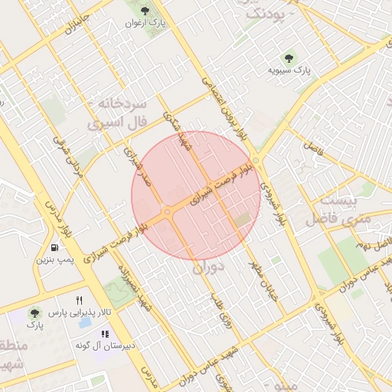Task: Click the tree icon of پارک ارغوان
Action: pyautogui.click(x=145, y=11)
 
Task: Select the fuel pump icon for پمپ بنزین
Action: pyautogui.click(x=54, y=247)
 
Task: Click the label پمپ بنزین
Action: pyautogui.click(x=54, y=260)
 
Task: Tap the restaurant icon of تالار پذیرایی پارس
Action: pyautogui.click(x=79, y=300)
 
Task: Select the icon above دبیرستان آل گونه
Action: pyautogui.click(x=105, y=334)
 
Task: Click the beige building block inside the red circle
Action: pyautogui.click(x=243, y=220)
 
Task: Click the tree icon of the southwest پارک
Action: pyautogui.click(x=34, y=313)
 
